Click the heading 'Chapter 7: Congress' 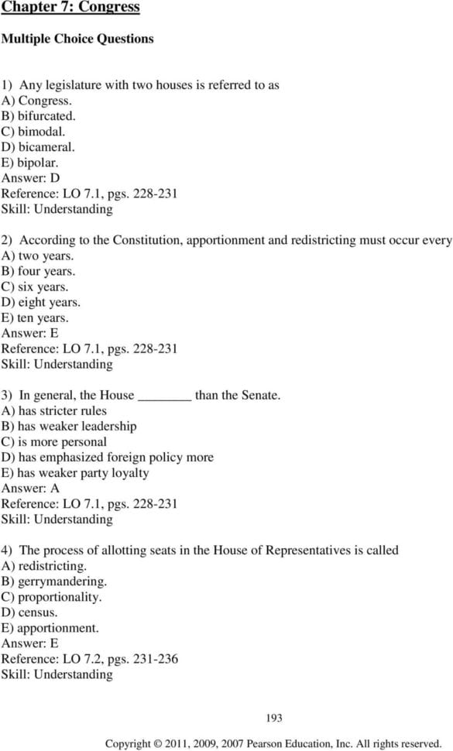(x=70, y=8)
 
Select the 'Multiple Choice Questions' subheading (x=77, y=39)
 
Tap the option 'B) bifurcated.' (x=38, y=116)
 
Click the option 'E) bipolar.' (x=30, y=163)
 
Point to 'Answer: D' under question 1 (x=30, y=178)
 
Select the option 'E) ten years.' (x=35, y=317)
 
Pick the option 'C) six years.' (x=36, y=286)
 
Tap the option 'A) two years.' (x=37, y=255)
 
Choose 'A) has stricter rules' (x=54, y=411)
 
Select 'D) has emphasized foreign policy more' (x=108, y=458)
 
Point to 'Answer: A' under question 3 (x=30, y=489)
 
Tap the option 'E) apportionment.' (x=50, y=628)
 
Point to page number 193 (x=273, y=718)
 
